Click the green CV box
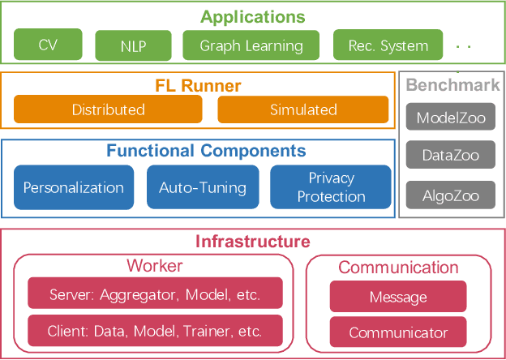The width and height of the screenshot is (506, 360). tap(49, 45)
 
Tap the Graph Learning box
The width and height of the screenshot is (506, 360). tap(251, 46)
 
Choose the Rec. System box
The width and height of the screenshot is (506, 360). tap(388, 46)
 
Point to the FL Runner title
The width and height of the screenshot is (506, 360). tap(198, 86)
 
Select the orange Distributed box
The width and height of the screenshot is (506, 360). tap(108, 109)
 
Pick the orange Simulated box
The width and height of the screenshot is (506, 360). tap(303, 109)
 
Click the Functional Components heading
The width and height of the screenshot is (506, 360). tap(207, 151)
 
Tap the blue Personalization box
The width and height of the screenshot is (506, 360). tap(74, 187)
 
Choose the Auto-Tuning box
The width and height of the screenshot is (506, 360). tap(203, 187)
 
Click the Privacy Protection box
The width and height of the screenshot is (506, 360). tap(331, 187)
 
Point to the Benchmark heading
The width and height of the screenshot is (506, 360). tap(452, 85)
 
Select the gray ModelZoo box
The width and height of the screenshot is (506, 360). tap(450, 118)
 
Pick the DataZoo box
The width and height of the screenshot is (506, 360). tap(450, 156)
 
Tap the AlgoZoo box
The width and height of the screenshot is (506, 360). tap(450, 195)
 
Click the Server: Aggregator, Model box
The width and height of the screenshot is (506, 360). tap(156, 294)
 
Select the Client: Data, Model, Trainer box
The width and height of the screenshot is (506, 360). tap(156, 331)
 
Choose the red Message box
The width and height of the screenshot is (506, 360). tap(398, 297)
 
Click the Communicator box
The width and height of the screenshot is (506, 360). tap(398, 332)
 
